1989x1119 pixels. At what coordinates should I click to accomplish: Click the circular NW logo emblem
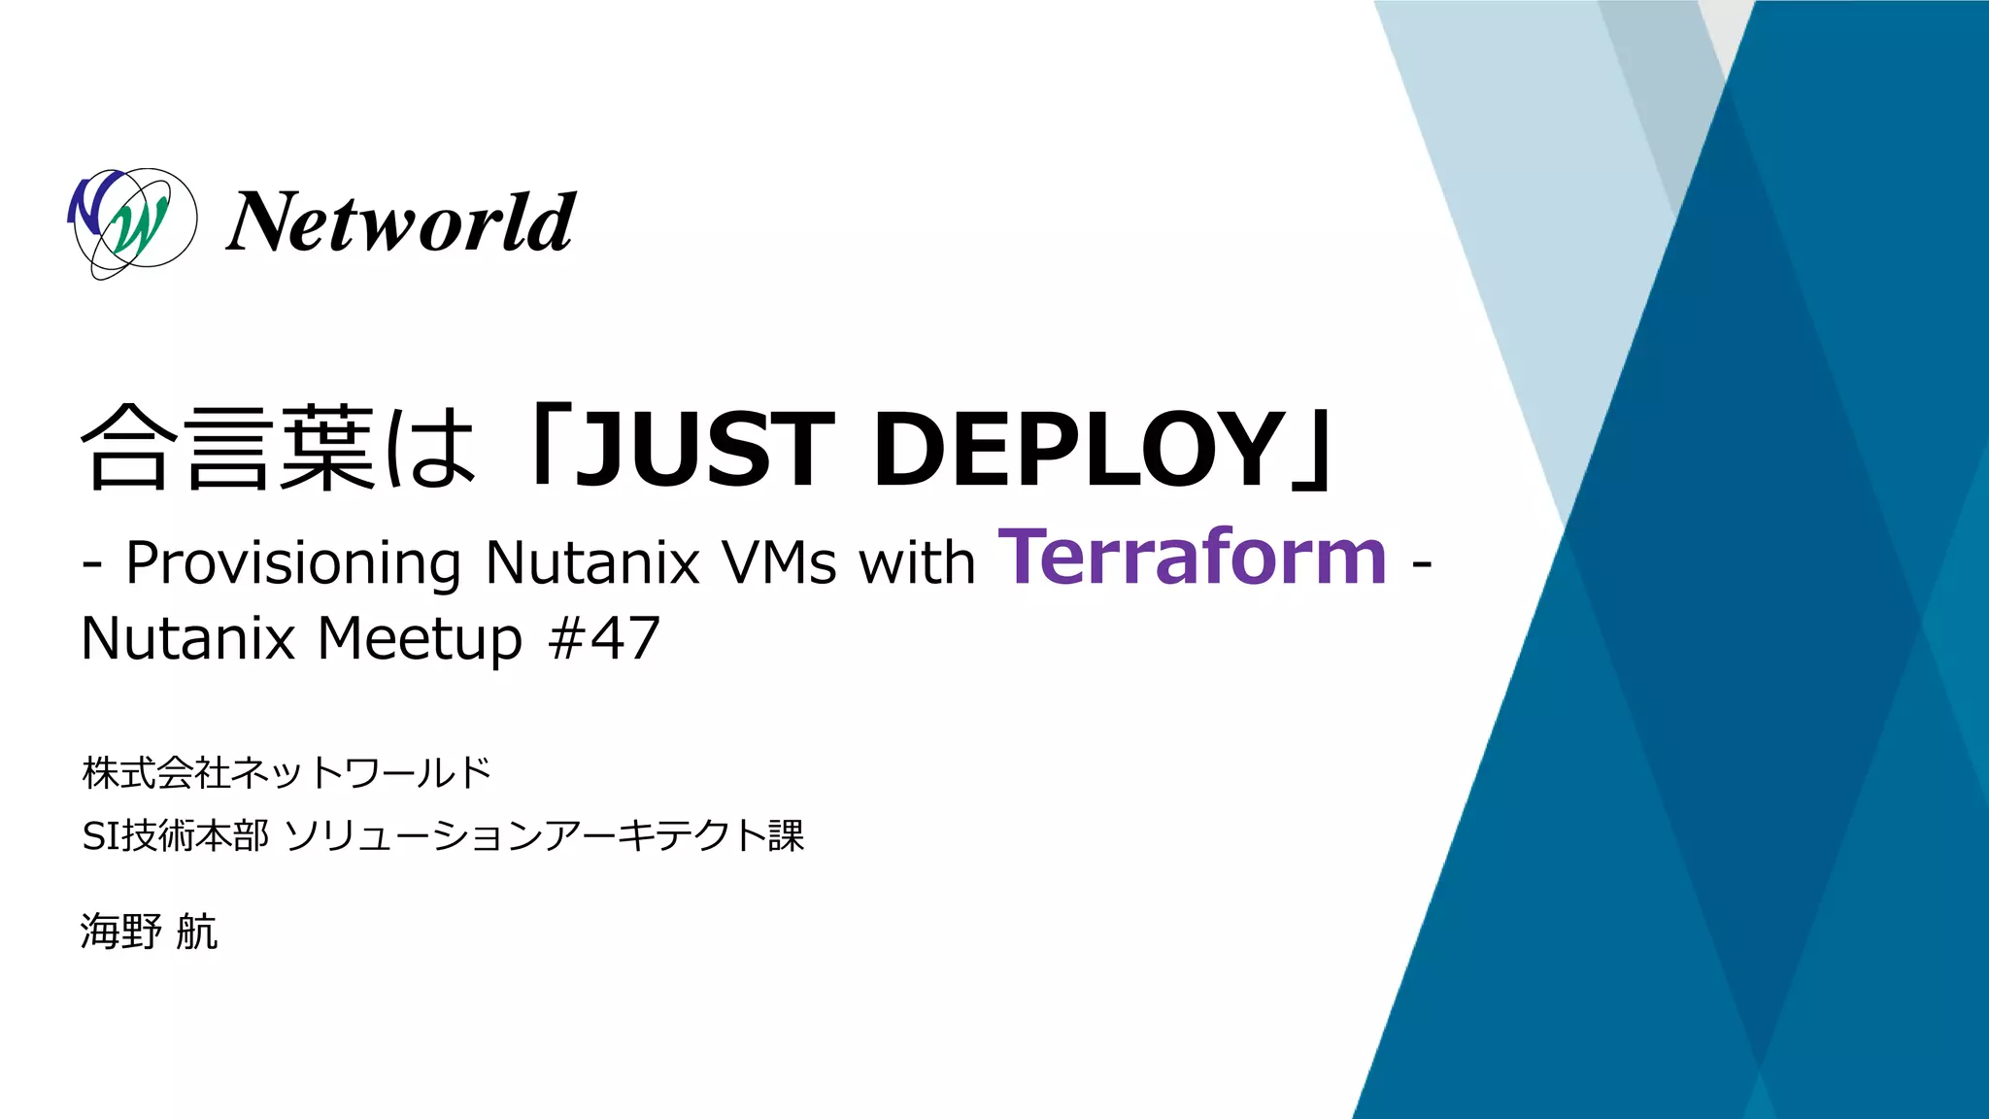pos(132,222)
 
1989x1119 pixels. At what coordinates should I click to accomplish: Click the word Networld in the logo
pos(401,222)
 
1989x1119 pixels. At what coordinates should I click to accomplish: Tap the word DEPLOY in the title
pos(1078,449)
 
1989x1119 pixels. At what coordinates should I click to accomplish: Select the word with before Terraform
pos(917,563)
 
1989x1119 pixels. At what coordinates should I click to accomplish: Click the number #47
pos(604,639)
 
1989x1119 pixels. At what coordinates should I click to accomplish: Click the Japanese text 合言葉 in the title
pos(227,449)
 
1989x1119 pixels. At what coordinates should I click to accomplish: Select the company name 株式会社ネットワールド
pos(287,773)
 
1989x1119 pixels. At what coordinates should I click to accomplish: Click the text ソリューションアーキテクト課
pos(545,836)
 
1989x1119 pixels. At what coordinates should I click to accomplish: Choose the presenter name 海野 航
pos(149,932)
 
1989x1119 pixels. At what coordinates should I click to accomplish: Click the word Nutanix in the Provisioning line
pos(592,563)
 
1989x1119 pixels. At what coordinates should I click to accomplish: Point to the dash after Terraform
pos(1421,563)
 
